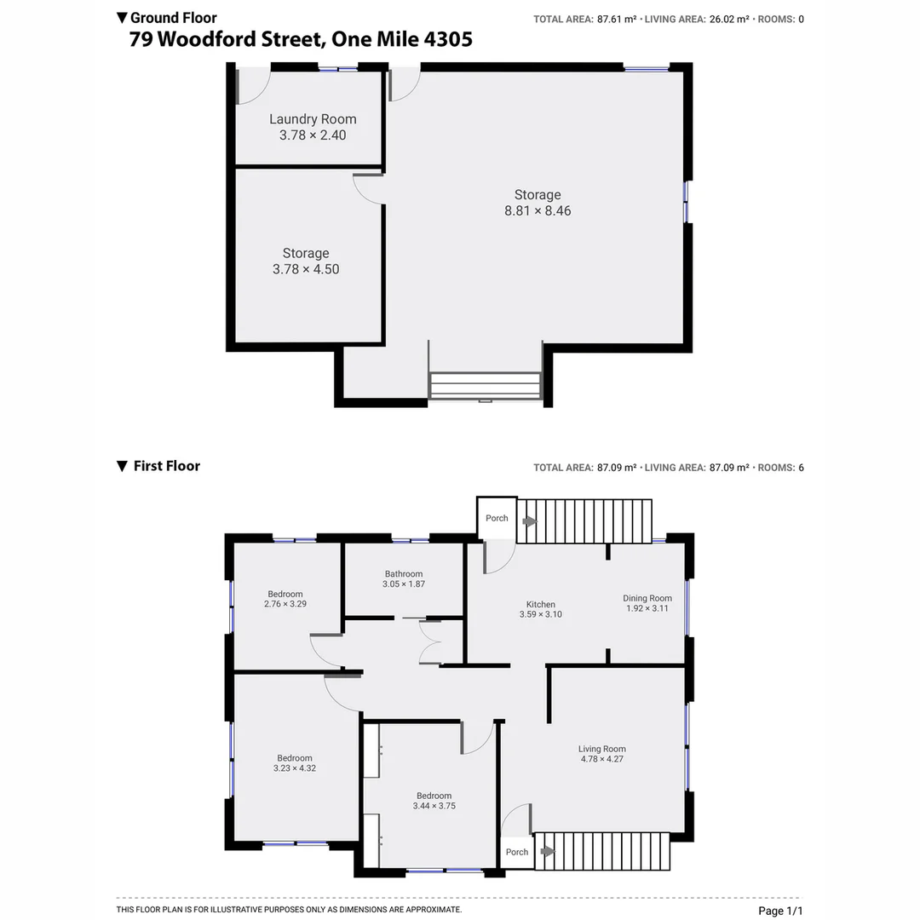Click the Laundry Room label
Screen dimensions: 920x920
tap(313, 119)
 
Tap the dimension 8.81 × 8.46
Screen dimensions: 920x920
tap(538, 210)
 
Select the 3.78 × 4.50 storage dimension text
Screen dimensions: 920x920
tap(306, 269)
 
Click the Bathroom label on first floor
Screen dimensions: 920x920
tap(404, 574)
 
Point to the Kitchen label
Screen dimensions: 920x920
tap(541, 605)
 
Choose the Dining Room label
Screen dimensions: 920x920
tap(647, 599)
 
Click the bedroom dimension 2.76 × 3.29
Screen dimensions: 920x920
tap(285, 604)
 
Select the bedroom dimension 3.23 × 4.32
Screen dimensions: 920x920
tap(294, 768)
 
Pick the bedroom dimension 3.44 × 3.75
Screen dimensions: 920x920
tap(434, 806)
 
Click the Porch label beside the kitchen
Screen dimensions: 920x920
tap(497, 518)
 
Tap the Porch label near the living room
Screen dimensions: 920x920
tap(516, 852)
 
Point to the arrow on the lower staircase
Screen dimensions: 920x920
tap(547, 850)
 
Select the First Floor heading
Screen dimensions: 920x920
tap(166, 466)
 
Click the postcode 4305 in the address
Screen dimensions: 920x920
tap(444, 39)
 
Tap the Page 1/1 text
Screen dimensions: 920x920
tap(780, 911)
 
